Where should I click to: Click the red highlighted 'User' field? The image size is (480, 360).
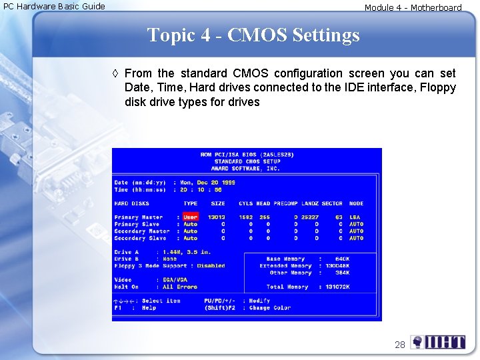(x=191, y=217)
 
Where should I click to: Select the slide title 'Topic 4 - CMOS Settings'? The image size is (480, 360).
(x=253, y=35)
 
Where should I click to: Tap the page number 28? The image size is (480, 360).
(x=400, y=345)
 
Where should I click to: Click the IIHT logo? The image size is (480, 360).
(x=438, y=343)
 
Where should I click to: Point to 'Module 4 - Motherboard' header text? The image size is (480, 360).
(x=413, y=8)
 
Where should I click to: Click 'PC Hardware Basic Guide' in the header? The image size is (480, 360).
(x=54, y=7)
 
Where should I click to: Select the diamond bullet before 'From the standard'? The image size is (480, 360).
(x=116, y=73)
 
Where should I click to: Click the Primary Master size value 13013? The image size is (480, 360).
(x=216, y=217)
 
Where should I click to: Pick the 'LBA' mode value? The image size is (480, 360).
(x=356, y=217)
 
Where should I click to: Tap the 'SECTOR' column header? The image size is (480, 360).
(x=332, y=203)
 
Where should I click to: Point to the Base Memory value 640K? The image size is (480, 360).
(x=342, y=259)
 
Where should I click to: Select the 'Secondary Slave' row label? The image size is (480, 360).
(x=140, y=238)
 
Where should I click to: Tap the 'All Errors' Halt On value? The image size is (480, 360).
(x=180, y=287)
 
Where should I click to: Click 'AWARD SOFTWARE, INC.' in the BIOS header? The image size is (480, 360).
(x=247, y=168)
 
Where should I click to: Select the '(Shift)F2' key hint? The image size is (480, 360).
(x=220, y=308)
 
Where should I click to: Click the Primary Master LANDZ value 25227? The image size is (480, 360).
(x=309, y=217)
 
